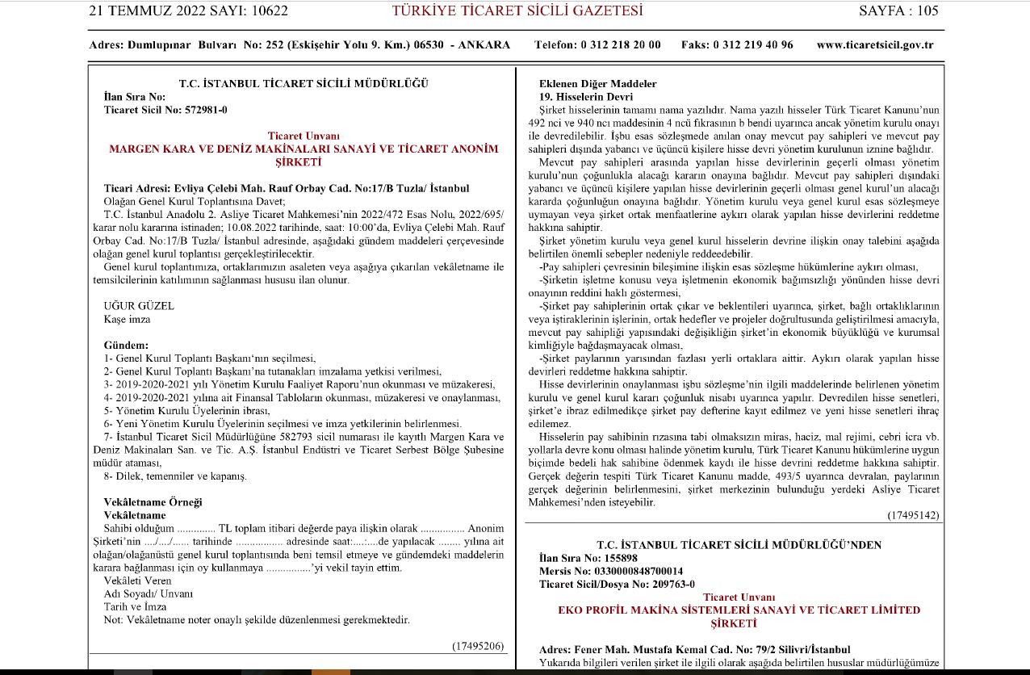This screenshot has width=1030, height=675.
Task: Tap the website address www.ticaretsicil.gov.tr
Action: pos(875,45)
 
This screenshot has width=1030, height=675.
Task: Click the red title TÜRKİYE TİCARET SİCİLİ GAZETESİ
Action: pos(517,10)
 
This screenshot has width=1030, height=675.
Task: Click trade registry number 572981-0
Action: pos(198,110)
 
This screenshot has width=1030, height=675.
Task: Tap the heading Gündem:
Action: pos(126,345)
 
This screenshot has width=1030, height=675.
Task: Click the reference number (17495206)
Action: pos(477,646)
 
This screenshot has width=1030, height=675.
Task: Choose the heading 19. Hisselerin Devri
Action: pos(586,97)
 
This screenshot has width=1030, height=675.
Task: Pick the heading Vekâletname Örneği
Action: pos(153,502)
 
